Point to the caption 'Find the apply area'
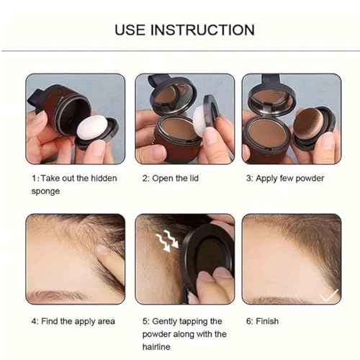coord(73,320)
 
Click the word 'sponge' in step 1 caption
coord(45,192)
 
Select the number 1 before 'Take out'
coord(32,178)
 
